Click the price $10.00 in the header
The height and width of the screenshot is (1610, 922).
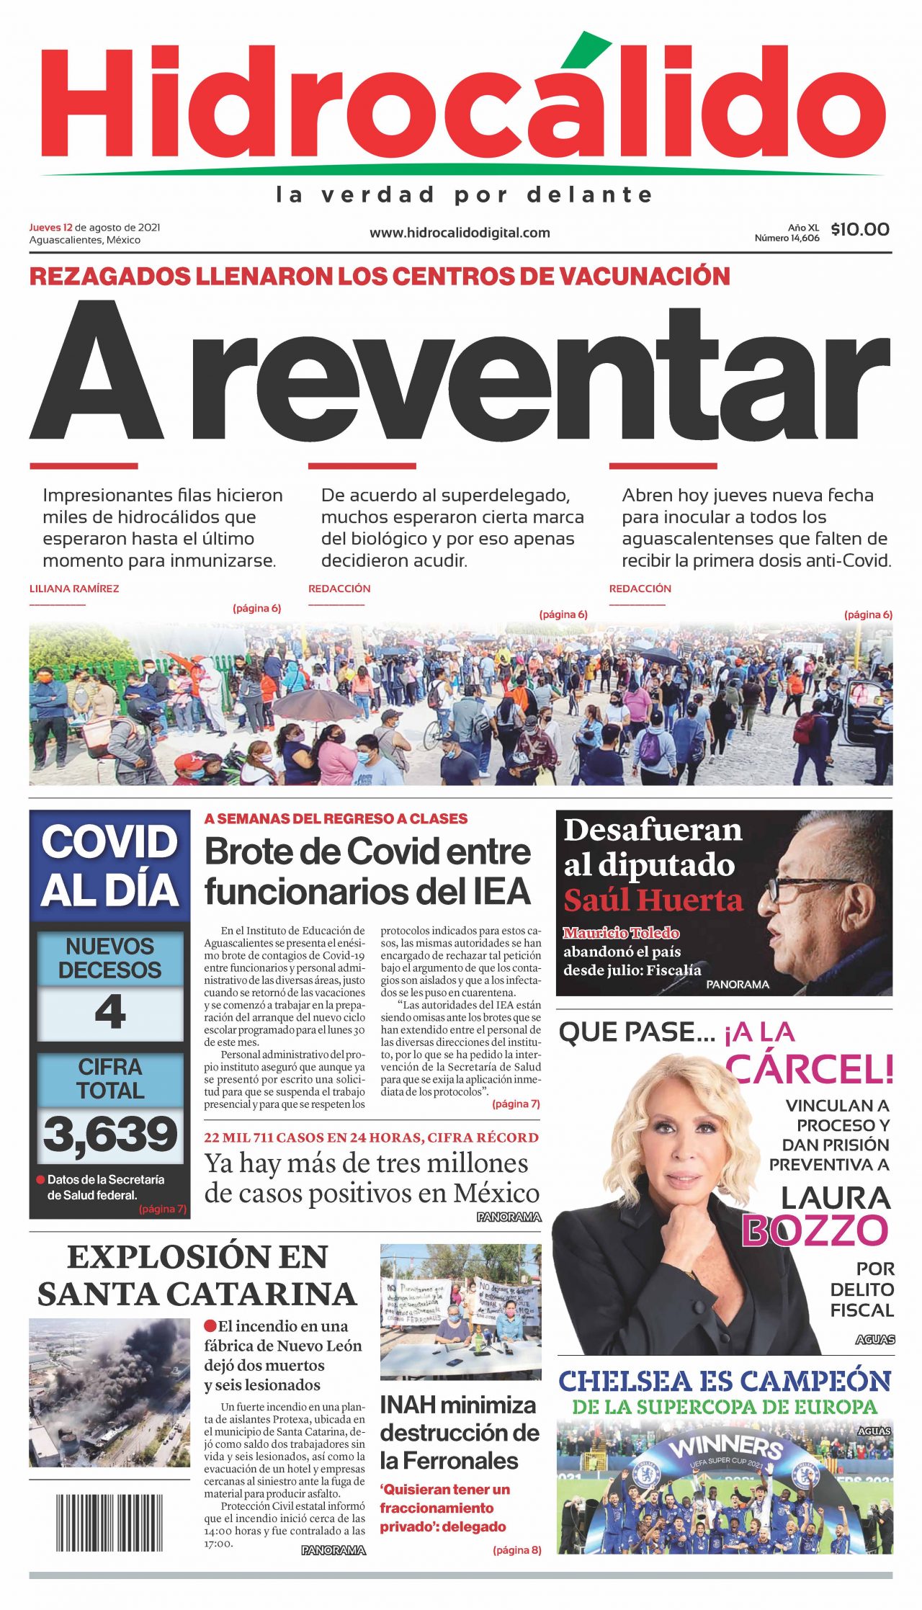[859, 230]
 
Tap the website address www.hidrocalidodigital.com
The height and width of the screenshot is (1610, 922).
[460, 233]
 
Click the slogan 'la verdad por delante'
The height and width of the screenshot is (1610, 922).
[465, 194]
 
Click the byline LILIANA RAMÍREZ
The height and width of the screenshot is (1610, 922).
[74, 589]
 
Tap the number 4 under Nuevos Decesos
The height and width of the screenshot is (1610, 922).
[110, 1012]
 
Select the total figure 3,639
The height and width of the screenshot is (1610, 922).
[110, 1134]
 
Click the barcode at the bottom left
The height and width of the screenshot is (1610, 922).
[109, 1522]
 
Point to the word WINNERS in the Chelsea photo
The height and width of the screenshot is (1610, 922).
[726, 1446]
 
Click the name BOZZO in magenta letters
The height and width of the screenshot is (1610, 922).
[815, 1231]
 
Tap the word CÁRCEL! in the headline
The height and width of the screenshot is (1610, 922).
[810, 1069]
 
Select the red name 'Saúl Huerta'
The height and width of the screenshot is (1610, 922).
[653, 900]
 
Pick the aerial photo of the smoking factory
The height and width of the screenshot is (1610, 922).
[109, 1392]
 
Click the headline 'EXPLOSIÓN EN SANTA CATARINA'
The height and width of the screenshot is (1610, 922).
[197, 1276]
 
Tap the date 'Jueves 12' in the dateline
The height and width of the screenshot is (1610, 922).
[50, 228]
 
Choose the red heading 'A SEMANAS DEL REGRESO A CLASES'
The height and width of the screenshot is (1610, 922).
[336, 818]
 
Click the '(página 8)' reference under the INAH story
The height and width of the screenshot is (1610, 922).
[516, 1549]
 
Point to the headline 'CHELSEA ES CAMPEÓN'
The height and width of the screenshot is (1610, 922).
[725, 1381]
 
